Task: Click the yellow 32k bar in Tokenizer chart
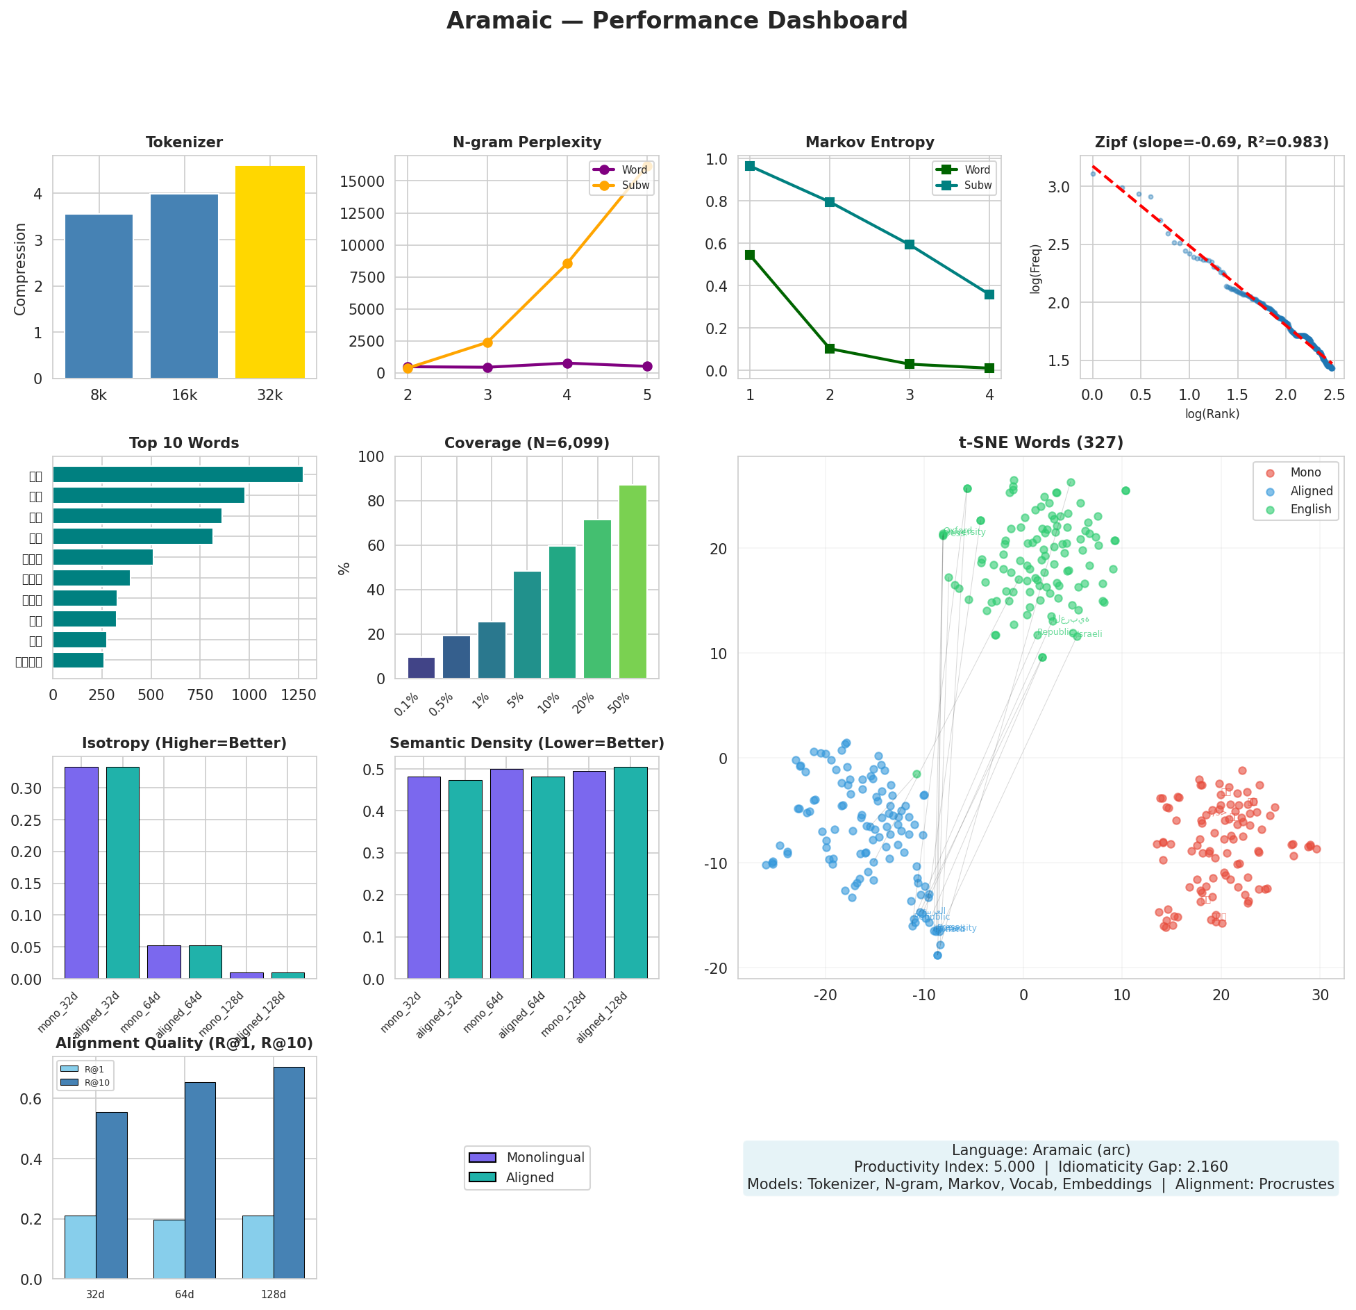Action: (x=269, y=272)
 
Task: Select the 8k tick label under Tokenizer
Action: (x=99, y=395)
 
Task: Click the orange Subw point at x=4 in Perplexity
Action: (x=567, y=263)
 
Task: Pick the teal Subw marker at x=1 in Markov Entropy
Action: (x=750, y=166)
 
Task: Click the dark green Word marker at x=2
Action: (x=830, y=349)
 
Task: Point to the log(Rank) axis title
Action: (x=1212, y=414)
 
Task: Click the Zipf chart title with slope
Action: (x=1212, y=142)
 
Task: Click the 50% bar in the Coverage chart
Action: (x=633, y=581)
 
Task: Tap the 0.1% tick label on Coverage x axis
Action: (x=407, y=704)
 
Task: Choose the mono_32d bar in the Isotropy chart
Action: (x=81, y=872)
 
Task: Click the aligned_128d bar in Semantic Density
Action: (x=630, y=872)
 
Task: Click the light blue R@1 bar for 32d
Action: (x=80, y=1247)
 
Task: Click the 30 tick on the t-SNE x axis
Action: (x=1320, y=995)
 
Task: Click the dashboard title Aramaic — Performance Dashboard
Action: (x=677, y=21)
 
